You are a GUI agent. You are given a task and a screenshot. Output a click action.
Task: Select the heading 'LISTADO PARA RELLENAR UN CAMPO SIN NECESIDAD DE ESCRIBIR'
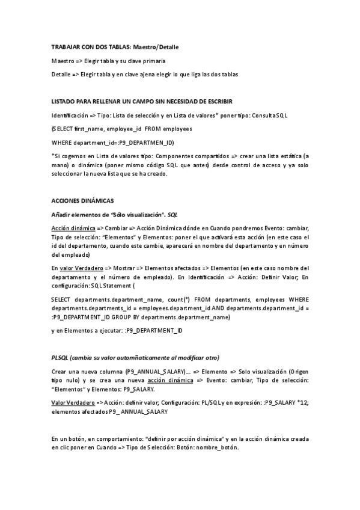[142, 101]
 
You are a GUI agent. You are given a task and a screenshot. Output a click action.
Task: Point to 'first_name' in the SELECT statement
[89, 129]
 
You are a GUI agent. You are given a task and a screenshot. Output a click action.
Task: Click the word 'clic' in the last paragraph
[58, 449]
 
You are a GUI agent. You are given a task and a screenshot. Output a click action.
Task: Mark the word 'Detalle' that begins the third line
[61, 74]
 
